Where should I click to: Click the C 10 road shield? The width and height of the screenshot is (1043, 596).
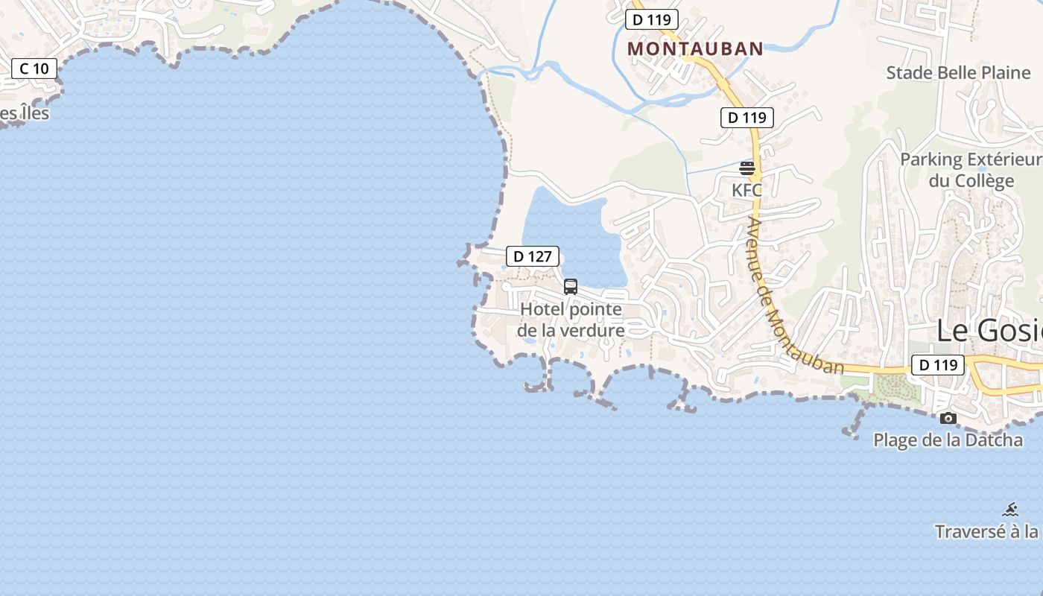pyautogui.click(x=34, y=69)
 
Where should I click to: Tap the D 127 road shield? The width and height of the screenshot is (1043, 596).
pyautogui.click(x=532, y=256)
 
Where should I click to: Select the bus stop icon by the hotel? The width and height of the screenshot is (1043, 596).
pyautogui.click(x=571, y=286)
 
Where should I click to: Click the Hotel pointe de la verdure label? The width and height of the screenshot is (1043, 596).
pyautogui.click(x=571, y=319)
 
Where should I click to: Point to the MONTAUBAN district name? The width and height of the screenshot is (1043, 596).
pyautogui.click(x=695, y=49)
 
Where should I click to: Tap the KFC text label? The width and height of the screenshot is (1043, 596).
pyautogui.click(x=746, y=190)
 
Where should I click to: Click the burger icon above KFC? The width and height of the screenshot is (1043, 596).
pyautogui.click(x=747, y=168)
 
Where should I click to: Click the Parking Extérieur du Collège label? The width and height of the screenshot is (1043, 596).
pyautogui.click(x=971, y=170)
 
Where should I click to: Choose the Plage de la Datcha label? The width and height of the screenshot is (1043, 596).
pyautogui.click(x=948, y=440)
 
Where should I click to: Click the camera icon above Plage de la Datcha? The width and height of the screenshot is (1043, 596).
pyautogui.click(x=948, y=419)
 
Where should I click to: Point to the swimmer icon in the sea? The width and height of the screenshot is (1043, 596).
pyautogui.click(x=1010, y=510)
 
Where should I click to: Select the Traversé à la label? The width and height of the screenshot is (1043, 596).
pyautogui.click(x=987, y=531)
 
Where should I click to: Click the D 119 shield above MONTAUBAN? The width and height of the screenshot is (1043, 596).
pyautogui.click(x=651, y=19)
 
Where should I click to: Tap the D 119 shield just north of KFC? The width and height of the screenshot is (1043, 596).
pyautogui.click(x=747, y=117)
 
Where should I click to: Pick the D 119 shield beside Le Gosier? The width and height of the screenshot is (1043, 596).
pyautogui.click(x=938, y=365)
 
